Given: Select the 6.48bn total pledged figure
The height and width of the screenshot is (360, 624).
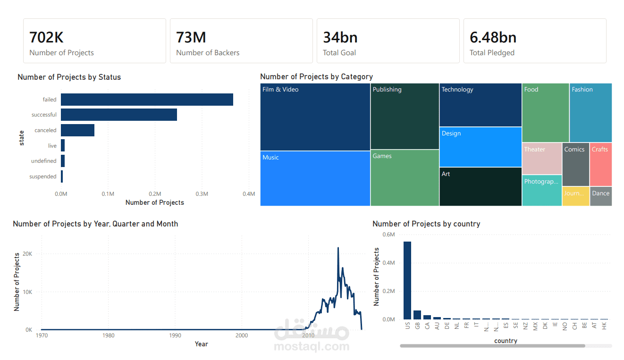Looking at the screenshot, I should pyautogui.click(x=493, y=37).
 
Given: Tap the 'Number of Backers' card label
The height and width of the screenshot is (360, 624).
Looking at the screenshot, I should pyautogui.click(x=208, y=53).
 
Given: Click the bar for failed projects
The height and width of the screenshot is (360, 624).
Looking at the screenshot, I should pyautogui.click(x=147, y=100).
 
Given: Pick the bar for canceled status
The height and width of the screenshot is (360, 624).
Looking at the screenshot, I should pyautogui.click(x=77, y=130).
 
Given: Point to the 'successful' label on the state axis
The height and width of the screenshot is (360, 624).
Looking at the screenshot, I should pyautogui.click(x=44, y=115).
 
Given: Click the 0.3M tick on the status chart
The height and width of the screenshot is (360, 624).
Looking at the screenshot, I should pyautogui.click(x=202, y=194).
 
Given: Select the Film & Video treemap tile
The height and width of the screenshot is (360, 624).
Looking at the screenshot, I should pyautogui.click(x=315, y=117).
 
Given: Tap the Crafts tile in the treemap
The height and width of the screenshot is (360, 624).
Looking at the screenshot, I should pyautogui.click(x=600, y=164).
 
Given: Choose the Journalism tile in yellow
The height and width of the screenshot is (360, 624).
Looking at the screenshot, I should pyautogui.click(x=575, y=196).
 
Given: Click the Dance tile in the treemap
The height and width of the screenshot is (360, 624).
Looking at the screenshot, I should pyautogui.click(x=600, y=196).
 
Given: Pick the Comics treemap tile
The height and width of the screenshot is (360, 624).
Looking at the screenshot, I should pyautogui.click(x=575, y=164).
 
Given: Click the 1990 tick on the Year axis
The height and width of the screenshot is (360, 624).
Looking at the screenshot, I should pyautogui.click(x=175, y=335).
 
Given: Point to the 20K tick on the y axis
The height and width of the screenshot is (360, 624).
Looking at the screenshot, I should pyautogui.click(x=28, y=254).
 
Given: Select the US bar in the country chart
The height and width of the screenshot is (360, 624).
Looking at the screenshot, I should pyautogui.click(x=407, y=280).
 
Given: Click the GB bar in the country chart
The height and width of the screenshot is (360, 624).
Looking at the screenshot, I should pyautogui.click(x=417, y=315).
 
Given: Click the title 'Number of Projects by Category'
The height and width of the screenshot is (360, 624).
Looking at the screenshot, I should pyautogui.click(x=316, y=76).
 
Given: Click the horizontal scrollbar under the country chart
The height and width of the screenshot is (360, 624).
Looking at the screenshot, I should pyautogui.click(x=492, y=346).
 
